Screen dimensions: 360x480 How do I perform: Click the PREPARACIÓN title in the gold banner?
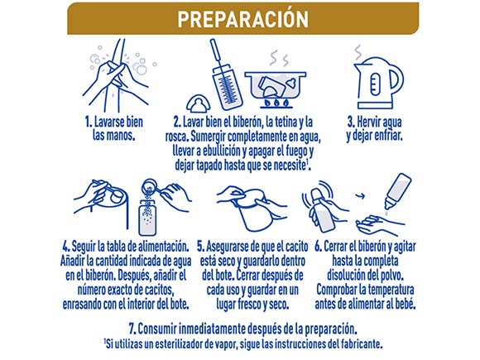pos(239,17)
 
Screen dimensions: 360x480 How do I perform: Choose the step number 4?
pos(65,247)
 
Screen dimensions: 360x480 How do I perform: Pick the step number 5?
pos(202,247)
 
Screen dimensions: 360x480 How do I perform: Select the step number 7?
pos(134,329)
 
